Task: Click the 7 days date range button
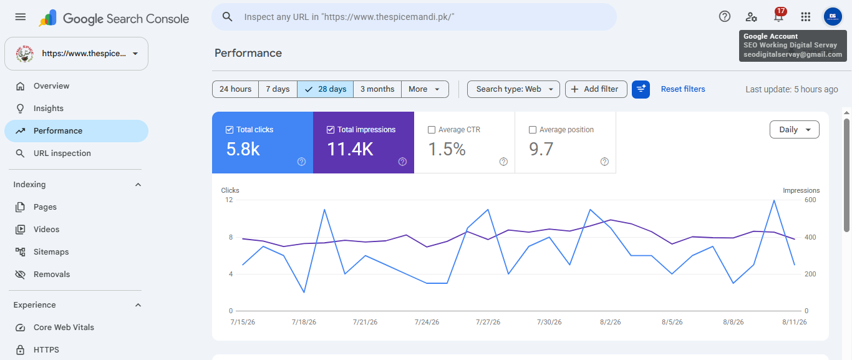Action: [x=278, y=89]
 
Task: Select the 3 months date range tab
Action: [x=377, y=89]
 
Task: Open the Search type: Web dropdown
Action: [x=513, y=89]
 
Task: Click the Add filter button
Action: [x=596, y=89]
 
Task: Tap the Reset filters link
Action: [x=683, y=89]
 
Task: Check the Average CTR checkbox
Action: [x=432, y=130]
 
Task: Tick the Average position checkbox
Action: [x=533, y=130]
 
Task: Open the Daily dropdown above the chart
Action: [x=794, y=130]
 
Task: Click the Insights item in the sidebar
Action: [x=48, y=109]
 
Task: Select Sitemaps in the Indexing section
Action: [x=51, y=252]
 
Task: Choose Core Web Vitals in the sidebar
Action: [x=64, y=328]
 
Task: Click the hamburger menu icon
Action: [x=21, y=17]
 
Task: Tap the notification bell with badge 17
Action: [x=778, y=16]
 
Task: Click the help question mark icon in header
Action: [x=725, y=16]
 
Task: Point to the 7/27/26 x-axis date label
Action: [x=488, y=322]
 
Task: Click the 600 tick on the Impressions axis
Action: [x=810, y=200]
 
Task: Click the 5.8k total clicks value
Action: [x=243, y=148]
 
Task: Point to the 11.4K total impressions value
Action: [x=351, y=148]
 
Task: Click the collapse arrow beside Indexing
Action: [x=138, y=185]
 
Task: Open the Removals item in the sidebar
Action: [x=52, y=275]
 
